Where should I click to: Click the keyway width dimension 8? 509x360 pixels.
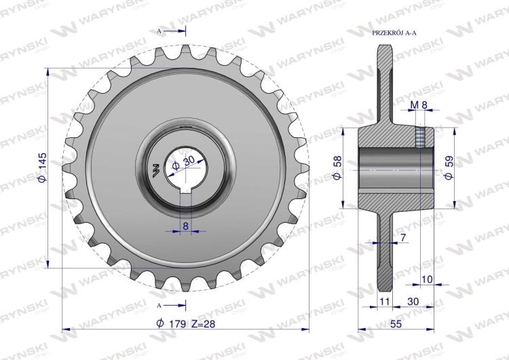185,226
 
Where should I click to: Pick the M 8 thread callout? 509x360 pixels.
419,104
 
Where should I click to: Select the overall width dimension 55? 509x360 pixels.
396,324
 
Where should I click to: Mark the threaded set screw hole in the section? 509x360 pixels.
421,138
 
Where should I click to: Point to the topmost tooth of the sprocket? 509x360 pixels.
185,51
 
